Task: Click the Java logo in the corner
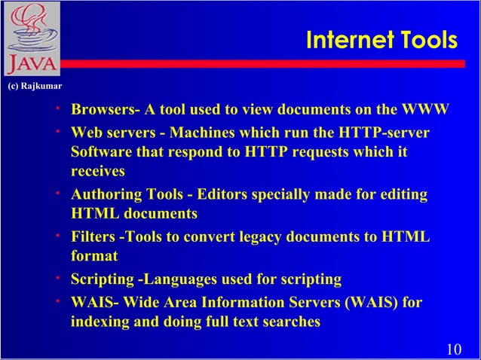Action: [x=31, y=39]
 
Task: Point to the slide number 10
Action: [x=454, y=348]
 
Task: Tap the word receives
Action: [x=97, y=171]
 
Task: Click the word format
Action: [x=94, y=256]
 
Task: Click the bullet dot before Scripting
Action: [x=57, y=278]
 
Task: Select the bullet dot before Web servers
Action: [x=57, y=131]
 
